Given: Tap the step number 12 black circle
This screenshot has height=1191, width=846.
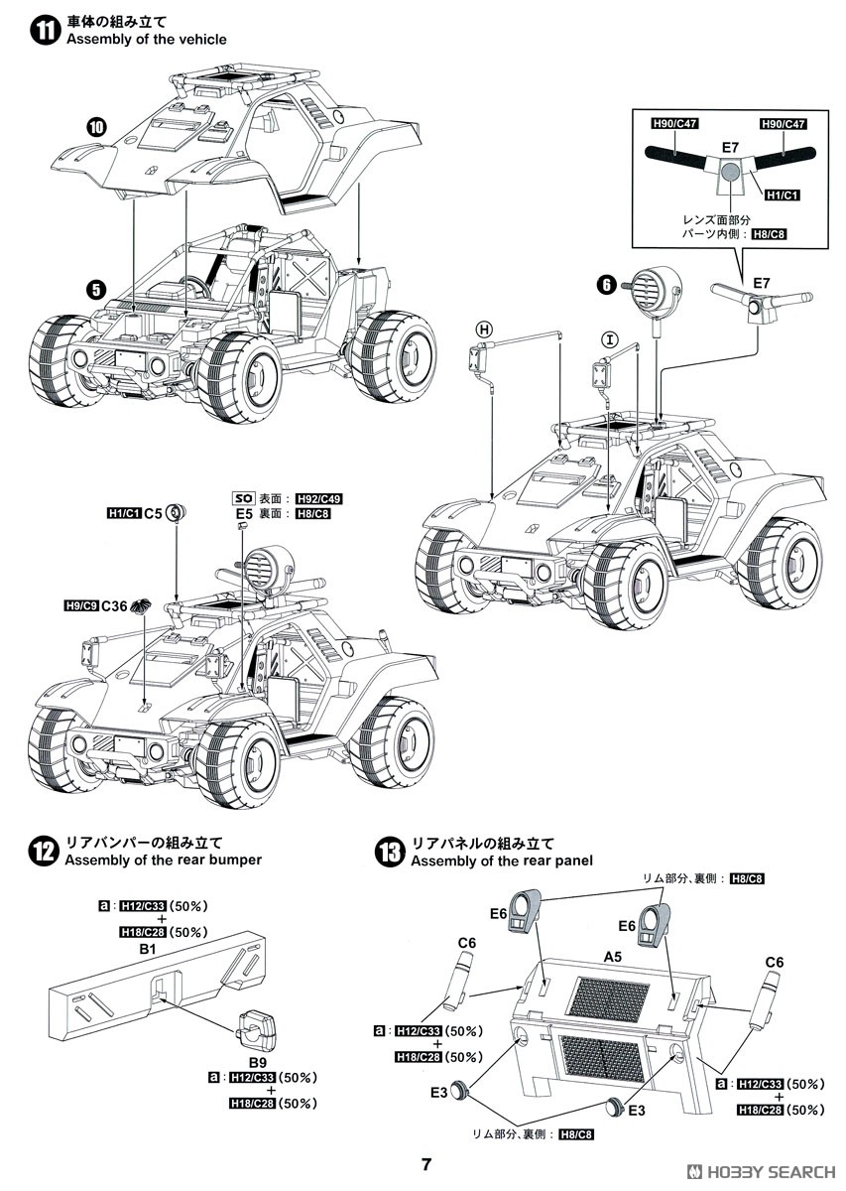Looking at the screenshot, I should point(44,852).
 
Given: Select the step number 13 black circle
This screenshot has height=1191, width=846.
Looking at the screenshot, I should point(390,852).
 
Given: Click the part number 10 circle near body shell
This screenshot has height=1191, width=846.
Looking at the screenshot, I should point(96,127).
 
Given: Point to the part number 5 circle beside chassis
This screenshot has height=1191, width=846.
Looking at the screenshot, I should point(96,290).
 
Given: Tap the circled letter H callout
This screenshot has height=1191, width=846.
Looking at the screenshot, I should point(484,329).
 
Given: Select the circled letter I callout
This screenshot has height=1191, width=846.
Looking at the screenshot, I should point(610,340).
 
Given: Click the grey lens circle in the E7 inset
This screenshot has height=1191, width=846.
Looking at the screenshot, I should point(730,172).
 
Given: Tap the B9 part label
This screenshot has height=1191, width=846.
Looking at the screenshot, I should point(245,1061).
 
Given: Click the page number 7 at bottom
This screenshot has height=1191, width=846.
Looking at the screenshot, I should point(425,1164).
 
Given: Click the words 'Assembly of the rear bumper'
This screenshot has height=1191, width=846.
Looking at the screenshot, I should point(163,860).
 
